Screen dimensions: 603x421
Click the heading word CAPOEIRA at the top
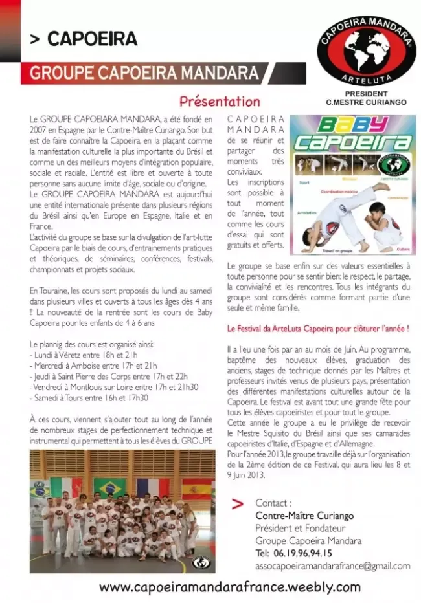92,39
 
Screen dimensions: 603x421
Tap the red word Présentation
220,102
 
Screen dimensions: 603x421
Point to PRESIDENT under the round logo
366,94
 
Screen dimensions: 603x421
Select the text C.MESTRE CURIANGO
366,102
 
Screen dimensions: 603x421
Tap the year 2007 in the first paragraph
39,129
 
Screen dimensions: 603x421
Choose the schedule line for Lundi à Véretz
84,354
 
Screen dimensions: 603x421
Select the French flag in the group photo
154,487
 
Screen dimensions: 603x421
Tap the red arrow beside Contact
238,503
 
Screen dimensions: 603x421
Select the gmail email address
332,565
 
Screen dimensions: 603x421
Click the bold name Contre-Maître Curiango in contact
304,516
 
